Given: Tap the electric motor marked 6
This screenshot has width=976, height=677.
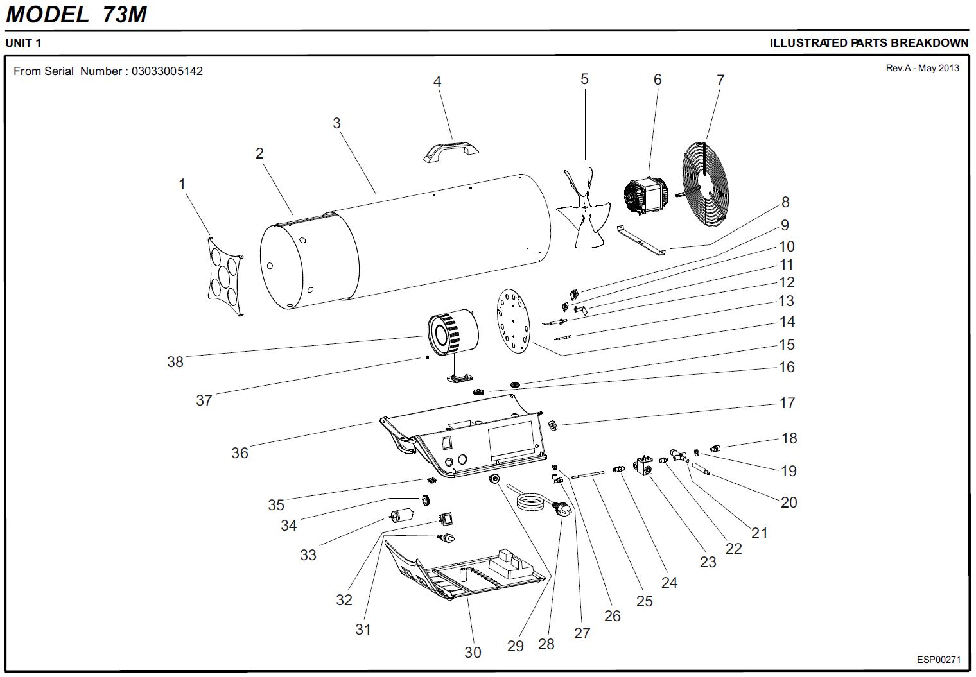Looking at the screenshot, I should (645, 195).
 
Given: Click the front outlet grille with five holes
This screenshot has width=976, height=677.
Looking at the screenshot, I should (225, 276).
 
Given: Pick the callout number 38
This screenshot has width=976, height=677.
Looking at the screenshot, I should (175, 362).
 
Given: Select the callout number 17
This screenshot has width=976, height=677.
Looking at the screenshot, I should (787, 403).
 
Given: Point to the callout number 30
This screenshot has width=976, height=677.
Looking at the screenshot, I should (473, 653).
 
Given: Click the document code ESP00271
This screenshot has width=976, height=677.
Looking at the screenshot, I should (938, 660).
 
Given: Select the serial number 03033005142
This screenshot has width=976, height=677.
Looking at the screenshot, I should (167, 71).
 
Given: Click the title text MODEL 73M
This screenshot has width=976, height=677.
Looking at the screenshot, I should (76, 14).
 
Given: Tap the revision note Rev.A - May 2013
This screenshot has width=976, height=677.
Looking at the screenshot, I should (922, 68).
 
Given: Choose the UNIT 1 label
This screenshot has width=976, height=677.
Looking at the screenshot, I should (23, 43).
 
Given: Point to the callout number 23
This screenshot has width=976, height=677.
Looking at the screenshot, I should (708, 562).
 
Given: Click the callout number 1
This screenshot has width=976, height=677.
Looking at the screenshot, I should (182, 184).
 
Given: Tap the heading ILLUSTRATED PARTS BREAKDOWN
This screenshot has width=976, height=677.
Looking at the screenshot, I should (869, 43).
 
